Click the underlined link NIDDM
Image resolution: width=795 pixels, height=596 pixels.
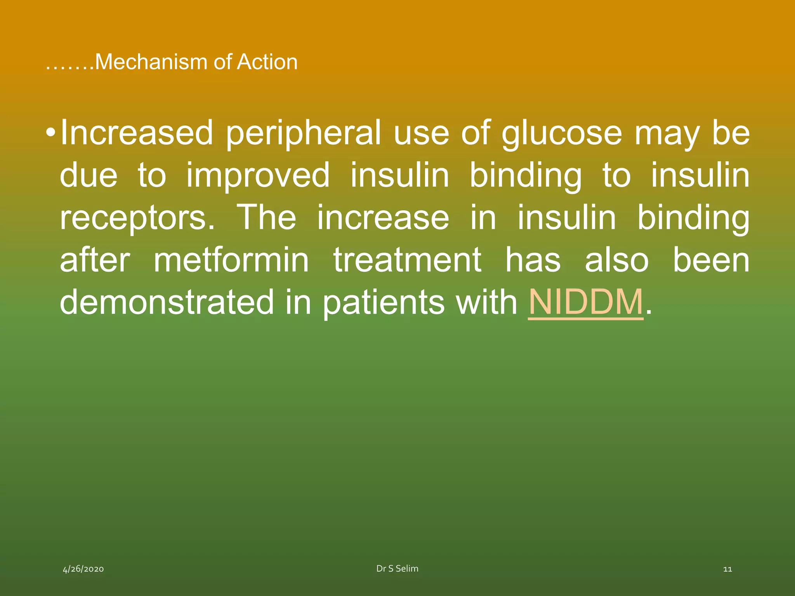tap(585, 302)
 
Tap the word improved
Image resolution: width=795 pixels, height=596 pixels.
tap(258, 176)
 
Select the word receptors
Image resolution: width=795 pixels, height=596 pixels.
tap(137, 218)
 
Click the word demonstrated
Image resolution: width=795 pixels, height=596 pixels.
tap(167, 302)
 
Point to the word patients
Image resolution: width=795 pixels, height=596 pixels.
tap(384, 302)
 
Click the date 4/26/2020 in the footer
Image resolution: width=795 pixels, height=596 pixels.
tap(83, 569)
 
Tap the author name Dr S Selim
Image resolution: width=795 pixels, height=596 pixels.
tap(397, 568)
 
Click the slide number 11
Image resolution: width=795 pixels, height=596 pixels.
tap(727, 569)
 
